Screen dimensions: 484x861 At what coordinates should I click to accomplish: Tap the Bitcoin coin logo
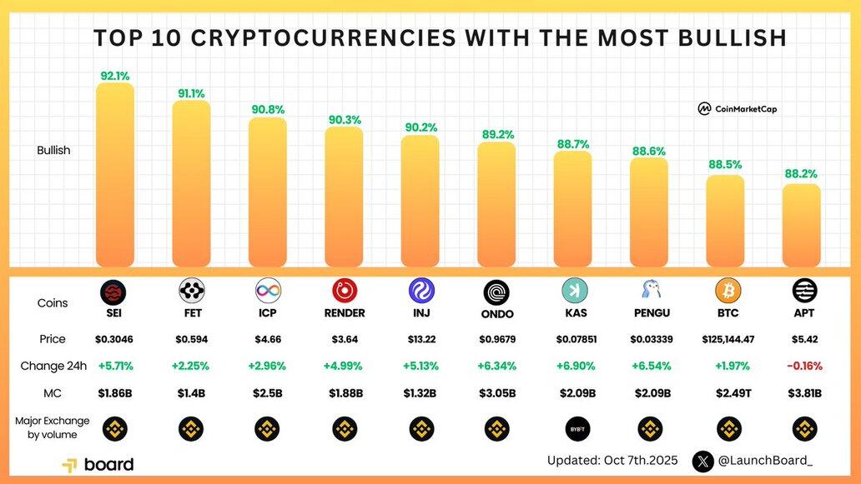[728, 290]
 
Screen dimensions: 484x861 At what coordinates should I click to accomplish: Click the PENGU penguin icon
[651, 290]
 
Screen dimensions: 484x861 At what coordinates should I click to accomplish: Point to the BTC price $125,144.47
[728, 340]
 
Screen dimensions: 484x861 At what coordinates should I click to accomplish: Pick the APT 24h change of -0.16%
[804, 366]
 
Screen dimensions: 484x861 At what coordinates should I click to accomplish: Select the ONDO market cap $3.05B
[497, 393]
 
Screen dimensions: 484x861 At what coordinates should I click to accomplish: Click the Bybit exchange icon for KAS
[574, 429]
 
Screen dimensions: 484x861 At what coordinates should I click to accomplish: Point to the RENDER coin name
[345, 314]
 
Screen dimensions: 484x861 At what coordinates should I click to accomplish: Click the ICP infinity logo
[268, 291]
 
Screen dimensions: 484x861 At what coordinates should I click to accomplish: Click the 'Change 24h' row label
[53, 366]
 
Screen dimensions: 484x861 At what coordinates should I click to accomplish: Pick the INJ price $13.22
[420, 340]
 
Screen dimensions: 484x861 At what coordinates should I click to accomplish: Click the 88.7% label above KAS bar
[573, 144]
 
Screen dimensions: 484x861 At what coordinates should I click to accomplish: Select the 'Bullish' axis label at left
[53, 151]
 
